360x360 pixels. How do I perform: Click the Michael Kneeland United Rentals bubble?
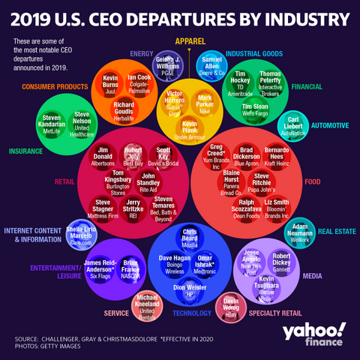[146, 304]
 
